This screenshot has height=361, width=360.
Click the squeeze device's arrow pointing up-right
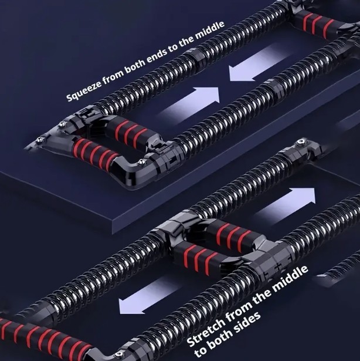point(189,104)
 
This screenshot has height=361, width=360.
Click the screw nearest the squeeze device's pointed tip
point(40,140)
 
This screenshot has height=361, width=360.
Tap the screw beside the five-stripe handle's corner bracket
point(141,163)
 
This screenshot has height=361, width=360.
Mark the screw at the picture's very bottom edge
point(119,355)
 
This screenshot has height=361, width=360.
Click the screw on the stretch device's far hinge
point(300,143)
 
